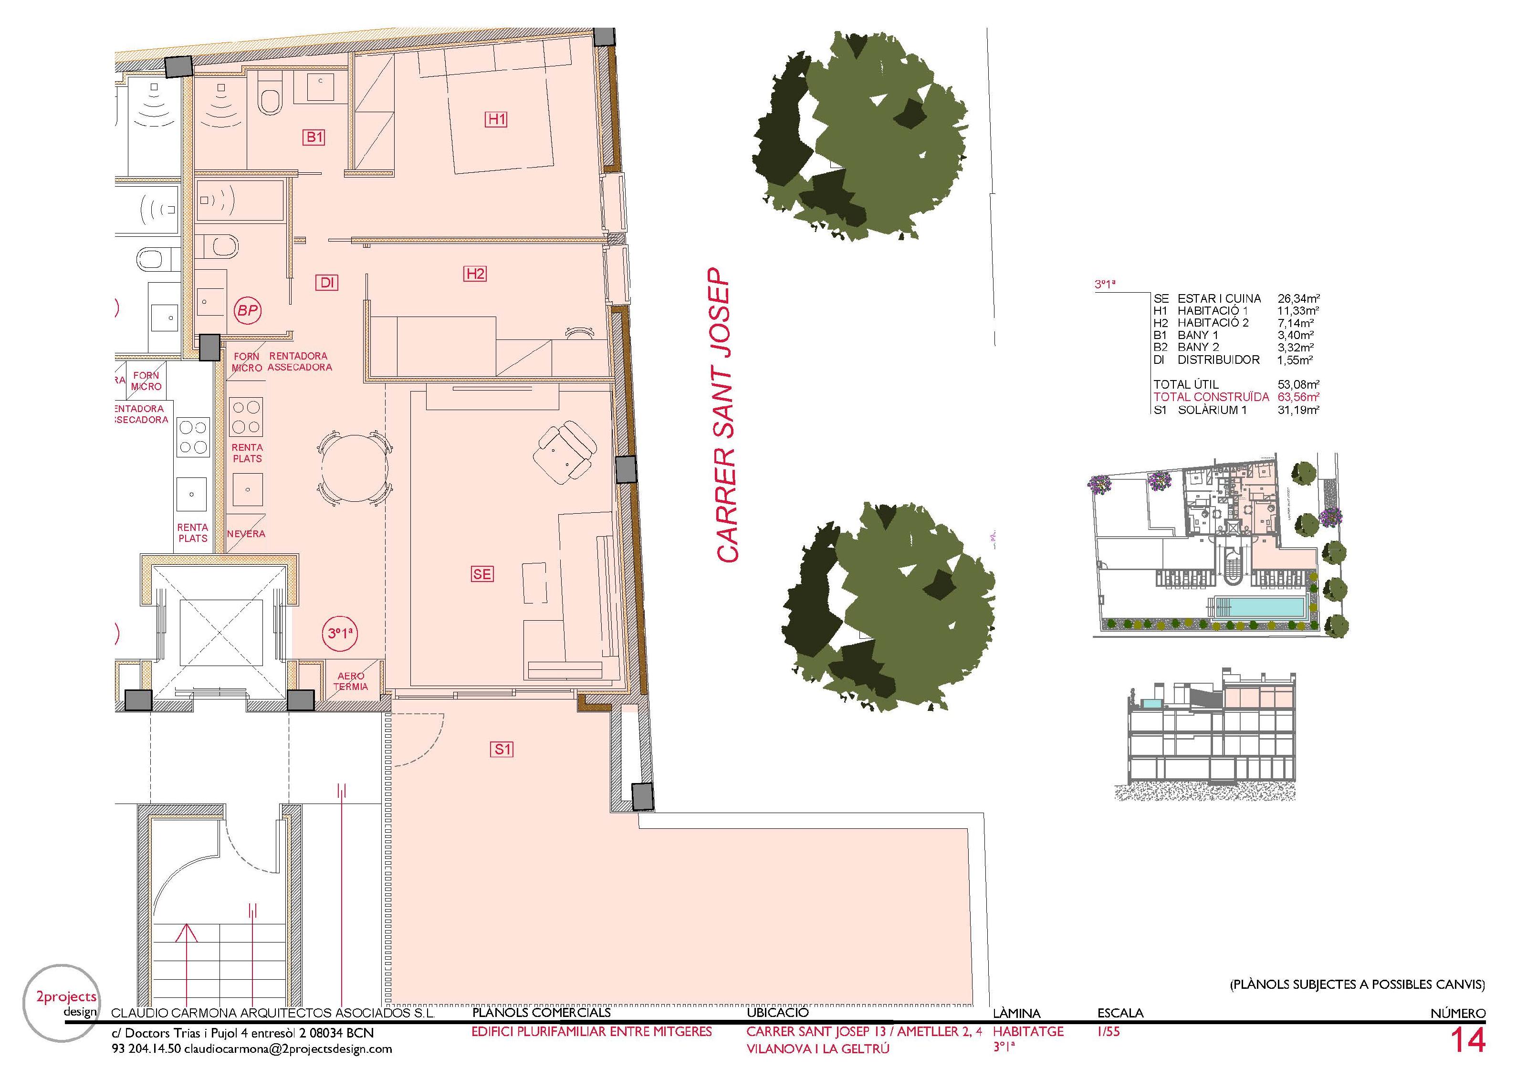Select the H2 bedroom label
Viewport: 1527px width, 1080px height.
coord(475,274)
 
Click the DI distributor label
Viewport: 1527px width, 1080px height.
coord(326,283)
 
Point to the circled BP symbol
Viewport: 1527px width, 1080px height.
coord(247,311)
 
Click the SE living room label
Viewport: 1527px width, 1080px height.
coord(482,573)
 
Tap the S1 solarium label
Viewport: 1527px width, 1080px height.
coord(503,749)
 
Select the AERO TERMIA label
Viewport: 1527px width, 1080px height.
coord(350,681)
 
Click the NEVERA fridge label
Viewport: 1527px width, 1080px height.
coord(246,534)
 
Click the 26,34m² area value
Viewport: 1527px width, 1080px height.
coord(1298,299)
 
